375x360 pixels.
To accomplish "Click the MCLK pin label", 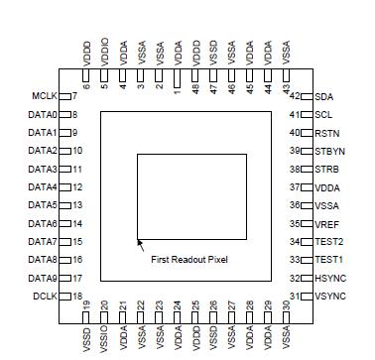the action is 44,96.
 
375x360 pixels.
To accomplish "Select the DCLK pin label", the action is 44,297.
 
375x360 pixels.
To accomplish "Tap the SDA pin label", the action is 323,96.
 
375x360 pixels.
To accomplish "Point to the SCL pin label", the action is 323,114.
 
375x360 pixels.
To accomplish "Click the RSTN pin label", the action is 326,133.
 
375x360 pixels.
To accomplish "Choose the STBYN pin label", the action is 329,151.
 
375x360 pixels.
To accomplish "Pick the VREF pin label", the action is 326,223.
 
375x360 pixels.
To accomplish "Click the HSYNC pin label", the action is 329,278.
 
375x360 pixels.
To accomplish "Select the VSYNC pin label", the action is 329,297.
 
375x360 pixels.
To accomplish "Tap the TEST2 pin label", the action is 329,241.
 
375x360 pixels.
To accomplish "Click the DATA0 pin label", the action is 42,114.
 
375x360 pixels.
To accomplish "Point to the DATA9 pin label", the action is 42,278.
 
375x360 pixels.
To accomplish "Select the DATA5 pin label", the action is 42,205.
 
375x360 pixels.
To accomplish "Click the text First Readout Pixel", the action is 189,259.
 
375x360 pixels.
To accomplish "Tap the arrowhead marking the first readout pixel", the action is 139,241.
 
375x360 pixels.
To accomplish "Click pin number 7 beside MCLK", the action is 73,96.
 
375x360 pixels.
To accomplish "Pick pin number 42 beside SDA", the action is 295,96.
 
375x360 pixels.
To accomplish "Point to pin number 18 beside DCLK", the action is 76,297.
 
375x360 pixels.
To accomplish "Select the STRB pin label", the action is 326,169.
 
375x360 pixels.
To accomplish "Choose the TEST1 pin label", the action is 329,260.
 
